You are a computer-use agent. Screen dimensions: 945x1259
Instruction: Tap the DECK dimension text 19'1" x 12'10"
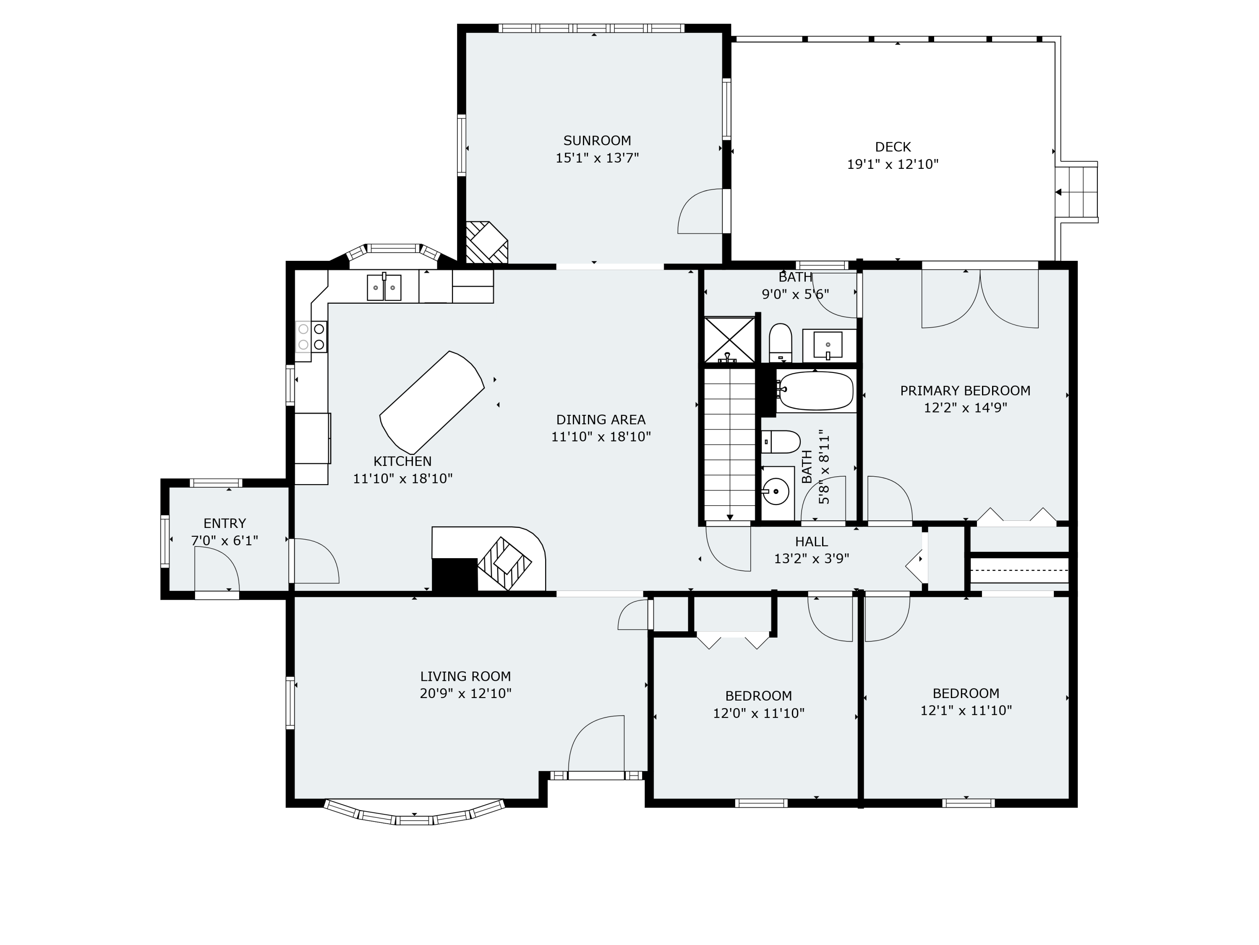[893, 165]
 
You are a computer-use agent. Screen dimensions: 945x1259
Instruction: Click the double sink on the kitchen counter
[384, 287]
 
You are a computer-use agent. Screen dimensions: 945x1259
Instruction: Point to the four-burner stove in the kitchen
[311, 337]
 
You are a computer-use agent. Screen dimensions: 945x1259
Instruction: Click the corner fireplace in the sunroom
[486, 243]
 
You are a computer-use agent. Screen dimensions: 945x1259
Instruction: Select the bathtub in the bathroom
[815, 391]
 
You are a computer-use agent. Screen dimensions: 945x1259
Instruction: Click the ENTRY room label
[225, 523]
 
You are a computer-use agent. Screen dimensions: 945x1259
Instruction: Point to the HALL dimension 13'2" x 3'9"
[811, 559]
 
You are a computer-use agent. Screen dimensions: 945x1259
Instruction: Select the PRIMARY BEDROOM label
[965, 391]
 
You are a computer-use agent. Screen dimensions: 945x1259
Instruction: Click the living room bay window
[414, 819]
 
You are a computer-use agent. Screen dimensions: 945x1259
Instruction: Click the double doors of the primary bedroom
[980, 299]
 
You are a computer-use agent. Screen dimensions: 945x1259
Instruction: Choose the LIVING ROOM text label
[465, 677]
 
